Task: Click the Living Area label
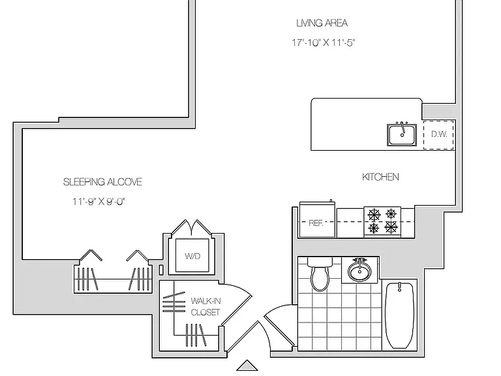point(322,23)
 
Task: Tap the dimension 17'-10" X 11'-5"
point(323,42)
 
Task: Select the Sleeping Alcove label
point(102,182)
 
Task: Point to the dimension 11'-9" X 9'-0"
point(99,202)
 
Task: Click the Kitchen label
point(380,177)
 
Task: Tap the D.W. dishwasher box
point(438,134)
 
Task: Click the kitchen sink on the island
point(402,134)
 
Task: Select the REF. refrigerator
point(317,219)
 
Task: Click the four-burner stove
point(382,222)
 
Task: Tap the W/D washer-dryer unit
point(192,256)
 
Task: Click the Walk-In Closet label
point(205,306)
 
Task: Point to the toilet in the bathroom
point(320,274)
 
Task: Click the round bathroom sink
point(360,270)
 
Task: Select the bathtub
point(400,315)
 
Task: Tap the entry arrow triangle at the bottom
point(247,365)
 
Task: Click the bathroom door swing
point(279,324)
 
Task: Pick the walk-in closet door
point(237,303)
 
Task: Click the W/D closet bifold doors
point(191,228)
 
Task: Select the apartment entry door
point(249,336)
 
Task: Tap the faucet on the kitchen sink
point(402,127)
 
